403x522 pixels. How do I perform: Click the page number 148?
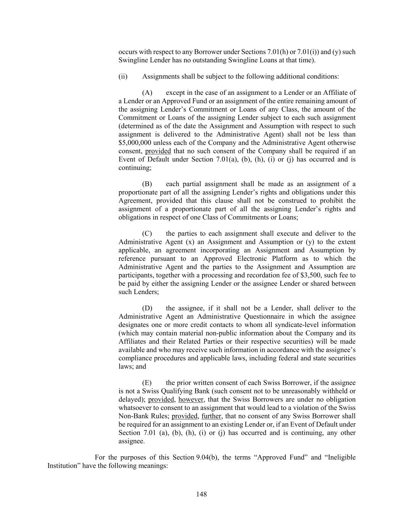(x=201, y=494)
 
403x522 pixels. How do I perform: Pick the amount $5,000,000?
(x=135, y=143)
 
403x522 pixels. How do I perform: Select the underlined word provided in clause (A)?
(x=158, y=151)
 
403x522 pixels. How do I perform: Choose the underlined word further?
(x=211, y=416)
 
